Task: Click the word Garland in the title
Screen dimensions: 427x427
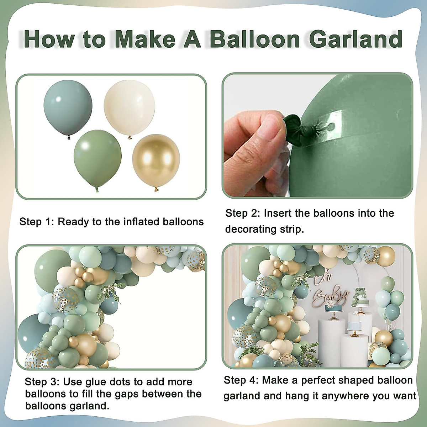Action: click(x=355, y=39)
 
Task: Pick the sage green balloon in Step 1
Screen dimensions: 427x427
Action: click(x=97, y=157)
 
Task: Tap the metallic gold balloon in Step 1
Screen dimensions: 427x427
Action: click(x=156, y=158)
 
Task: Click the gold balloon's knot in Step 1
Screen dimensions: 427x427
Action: click(x=155, y=189)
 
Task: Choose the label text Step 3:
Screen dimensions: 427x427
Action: click(x=41, y=382)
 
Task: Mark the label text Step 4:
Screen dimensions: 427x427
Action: click(x=240, y=380)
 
